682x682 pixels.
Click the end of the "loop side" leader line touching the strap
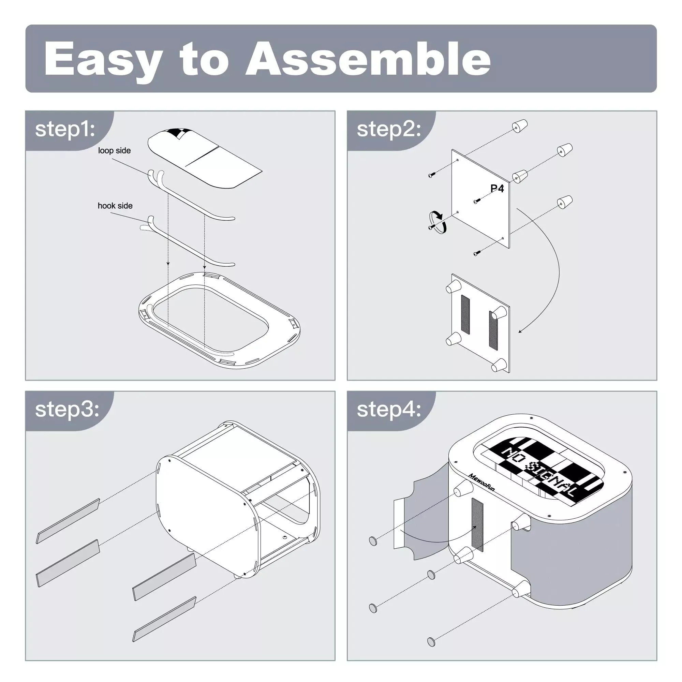pyautogui.click(x=150, y=173)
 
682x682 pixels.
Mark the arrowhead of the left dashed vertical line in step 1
pyautogui.click(x=168, y=264)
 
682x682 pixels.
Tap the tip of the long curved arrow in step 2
pyautogui.click(x=519, y=332)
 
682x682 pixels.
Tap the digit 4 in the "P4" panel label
pyautogui.click(x=500, y=189)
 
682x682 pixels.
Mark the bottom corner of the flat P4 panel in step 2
pyautogui.click(x=509, y=248)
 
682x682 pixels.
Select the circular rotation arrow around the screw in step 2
pyautogui.click(x=438, y=222)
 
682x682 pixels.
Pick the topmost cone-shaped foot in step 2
pyautogui.click(x=520, y=126)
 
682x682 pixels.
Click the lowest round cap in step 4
pyautogui.click(x=431, y=641)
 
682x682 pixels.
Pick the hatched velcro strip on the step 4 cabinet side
pyautogui.click(x=477, y=525)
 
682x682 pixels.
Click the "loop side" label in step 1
pyautogui.click(x=114, y=151)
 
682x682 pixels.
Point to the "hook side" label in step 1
pyautogui.click(x=115, y=206)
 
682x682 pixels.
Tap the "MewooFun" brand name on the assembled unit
pyautogui.click(x=481, y=482)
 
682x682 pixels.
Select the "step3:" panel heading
pyautogui.click(x=67, y=409)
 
